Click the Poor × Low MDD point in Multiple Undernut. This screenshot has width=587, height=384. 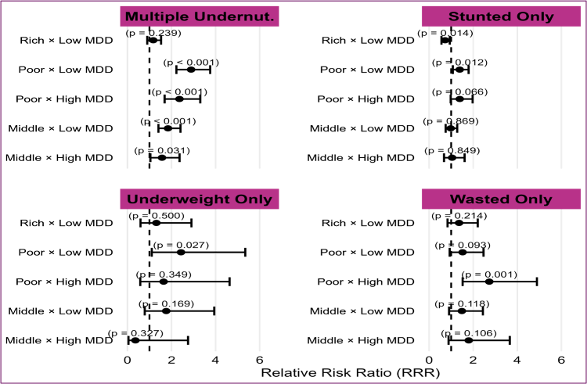coord(191,70)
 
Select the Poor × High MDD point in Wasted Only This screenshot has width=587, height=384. coord(489,282)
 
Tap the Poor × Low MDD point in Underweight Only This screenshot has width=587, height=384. coord(181,253)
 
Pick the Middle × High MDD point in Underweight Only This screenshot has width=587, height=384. coord(135,340)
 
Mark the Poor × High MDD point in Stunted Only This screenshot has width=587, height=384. coord(459,99)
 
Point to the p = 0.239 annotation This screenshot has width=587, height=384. coord(154,34)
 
